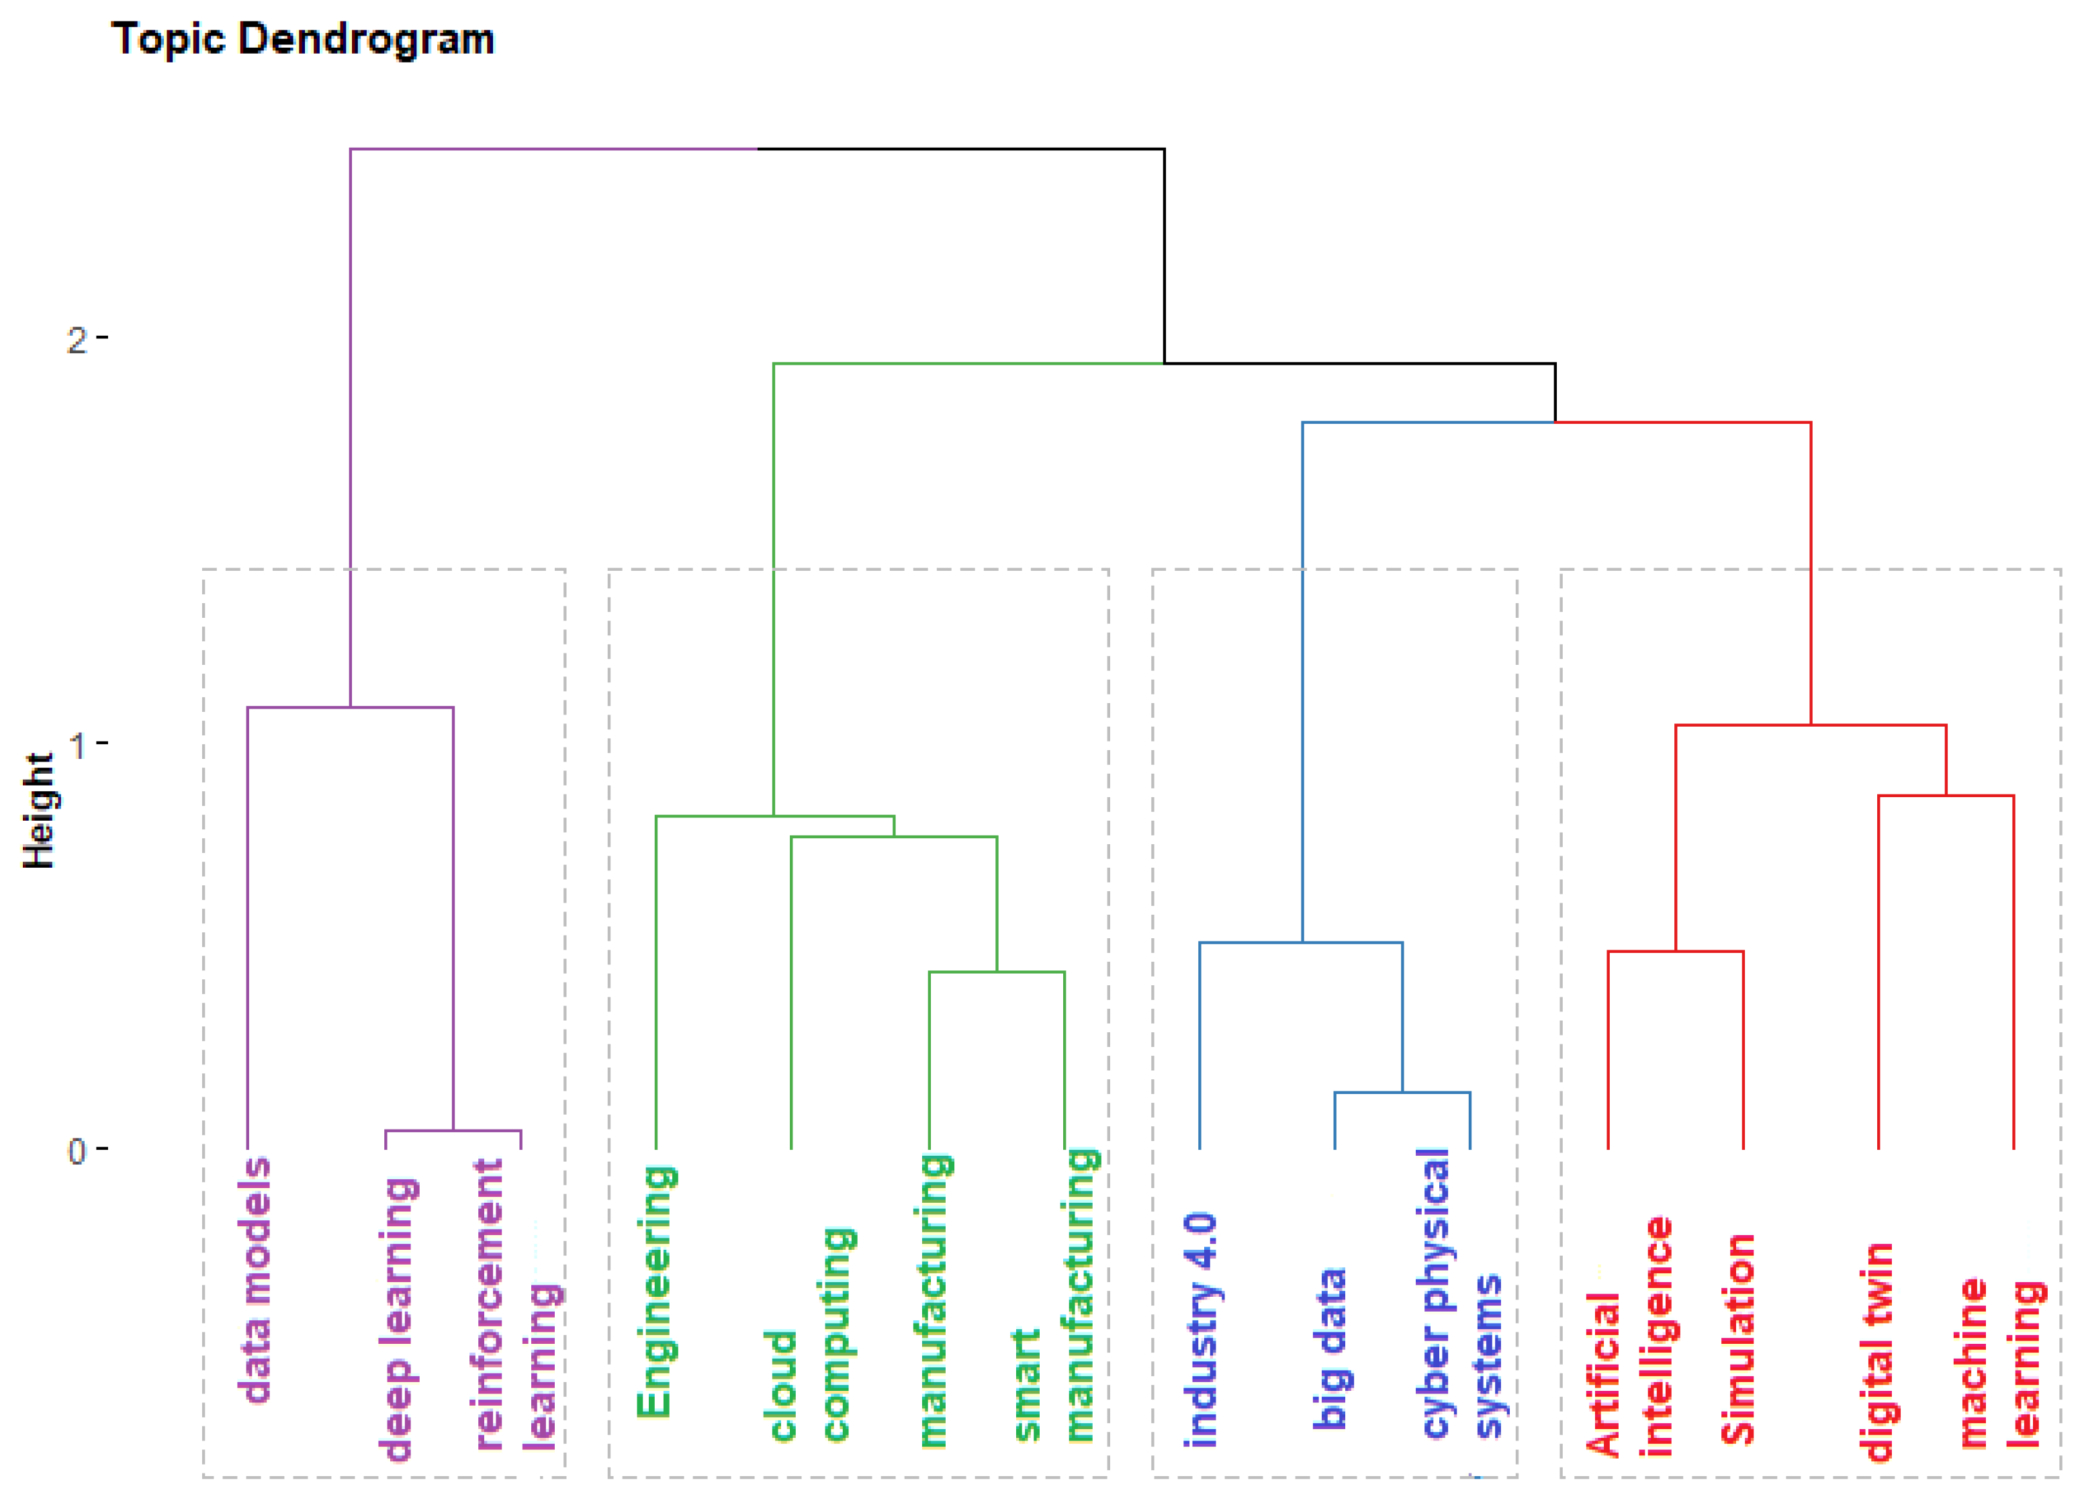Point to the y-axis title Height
38,810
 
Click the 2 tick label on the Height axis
77,340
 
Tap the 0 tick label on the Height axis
77,1150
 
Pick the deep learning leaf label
398,1319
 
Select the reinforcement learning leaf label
514,1304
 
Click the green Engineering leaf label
656,1291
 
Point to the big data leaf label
1330,1348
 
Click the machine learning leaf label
1999,1364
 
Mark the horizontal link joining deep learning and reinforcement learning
453,1131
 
